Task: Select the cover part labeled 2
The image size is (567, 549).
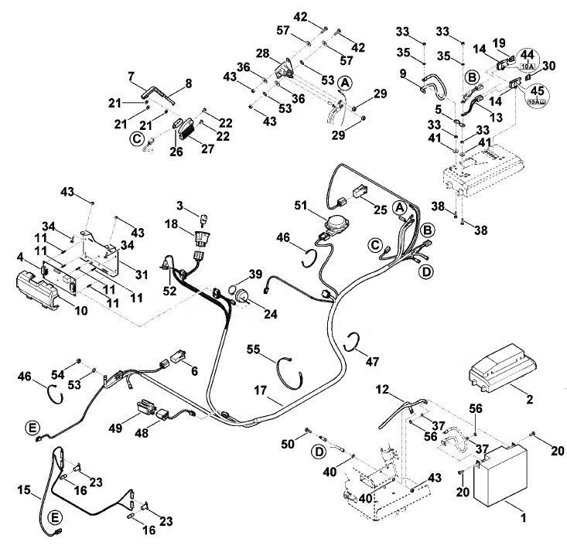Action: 503,368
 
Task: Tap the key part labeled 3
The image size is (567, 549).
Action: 203,219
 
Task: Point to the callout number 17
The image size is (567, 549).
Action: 260,390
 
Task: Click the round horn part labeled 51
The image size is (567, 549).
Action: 336,222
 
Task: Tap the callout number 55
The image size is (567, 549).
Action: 254,350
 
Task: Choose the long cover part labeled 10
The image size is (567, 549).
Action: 37,290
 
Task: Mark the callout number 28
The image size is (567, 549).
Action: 263,53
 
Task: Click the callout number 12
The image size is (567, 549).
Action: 382,389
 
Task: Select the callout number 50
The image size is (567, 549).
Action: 288,444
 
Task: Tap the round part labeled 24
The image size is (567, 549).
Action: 241,297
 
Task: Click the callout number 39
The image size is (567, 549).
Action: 256,274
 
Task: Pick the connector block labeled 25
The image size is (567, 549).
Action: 360,191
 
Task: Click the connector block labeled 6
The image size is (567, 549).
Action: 178,356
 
